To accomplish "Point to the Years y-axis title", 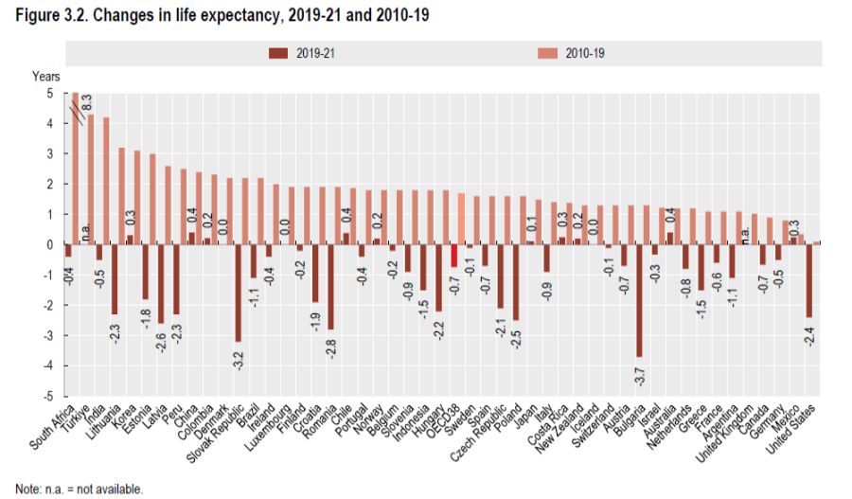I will [46, 75].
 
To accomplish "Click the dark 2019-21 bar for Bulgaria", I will [639, 300].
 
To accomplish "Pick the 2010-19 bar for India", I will [107, 181].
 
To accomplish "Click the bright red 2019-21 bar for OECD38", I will [453, 256].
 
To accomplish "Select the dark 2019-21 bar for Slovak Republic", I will [238, 293].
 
